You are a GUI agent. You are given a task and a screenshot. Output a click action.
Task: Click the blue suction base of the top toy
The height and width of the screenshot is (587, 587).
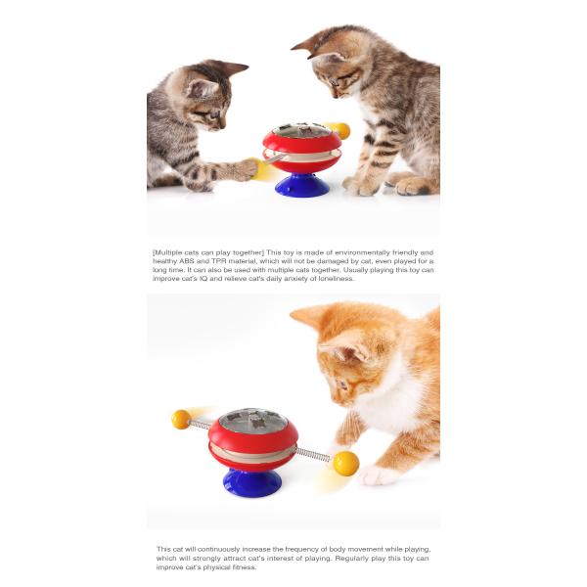tap(301, 184)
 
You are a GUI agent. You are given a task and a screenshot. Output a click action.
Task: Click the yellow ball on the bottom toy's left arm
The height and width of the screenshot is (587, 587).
tap(181, 419)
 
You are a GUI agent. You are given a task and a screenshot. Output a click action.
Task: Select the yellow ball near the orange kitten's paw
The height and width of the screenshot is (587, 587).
tap(346, 463)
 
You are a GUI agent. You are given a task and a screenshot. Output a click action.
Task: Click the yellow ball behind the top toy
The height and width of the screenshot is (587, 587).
tap(340, 130)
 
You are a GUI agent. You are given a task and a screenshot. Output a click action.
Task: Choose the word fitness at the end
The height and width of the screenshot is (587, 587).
tap(240, 566)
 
